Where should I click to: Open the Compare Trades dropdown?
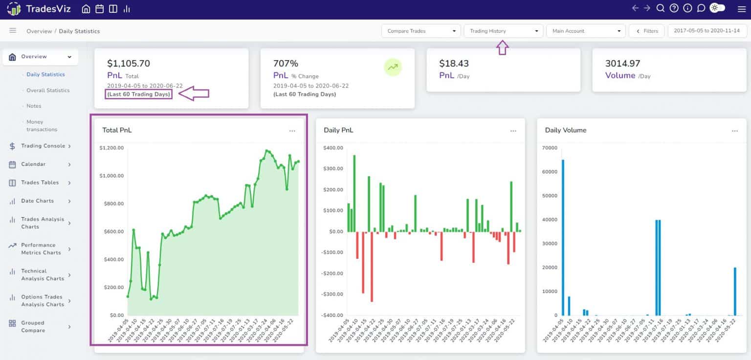[420, 31]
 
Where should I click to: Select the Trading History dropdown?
[503, 31]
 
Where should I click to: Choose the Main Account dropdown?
[586, 31]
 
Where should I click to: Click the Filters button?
[646, 31]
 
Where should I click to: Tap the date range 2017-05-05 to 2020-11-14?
[707, 31]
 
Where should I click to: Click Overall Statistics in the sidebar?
[48, 90]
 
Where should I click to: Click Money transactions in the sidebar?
[42, 126]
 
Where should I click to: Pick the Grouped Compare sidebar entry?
[33, 326]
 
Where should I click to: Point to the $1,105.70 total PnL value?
[129, 64]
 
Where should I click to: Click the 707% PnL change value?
[286, 64]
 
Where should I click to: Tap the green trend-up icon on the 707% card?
[393, 67]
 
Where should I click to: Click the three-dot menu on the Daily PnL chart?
[513, 131]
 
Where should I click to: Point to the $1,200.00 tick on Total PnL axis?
[111, 148]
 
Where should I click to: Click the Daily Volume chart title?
[565, 130]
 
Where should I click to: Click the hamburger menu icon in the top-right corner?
[741, 9]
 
